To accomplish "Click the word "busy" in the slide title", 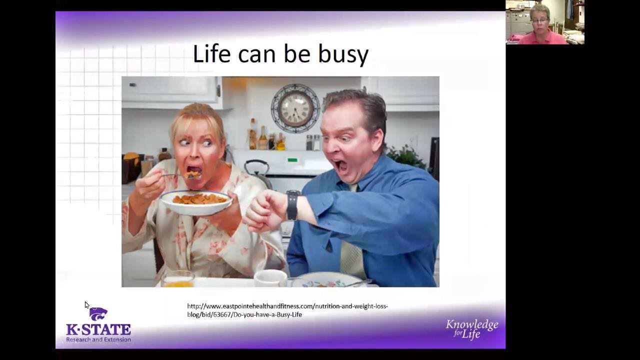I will point(343,54).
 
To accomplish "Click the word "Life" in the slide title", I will point(211,53).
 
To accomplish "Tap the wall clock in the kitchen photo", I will point(295,108).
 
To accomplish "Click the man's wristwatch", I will point(292,205).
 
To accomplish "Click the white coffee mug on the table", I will point(270,278).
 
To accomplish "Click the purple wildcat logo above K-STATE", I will point(98,313).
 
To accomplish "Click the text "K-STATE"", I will point(98,329).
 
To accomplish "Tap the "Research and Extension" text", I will point(98,339).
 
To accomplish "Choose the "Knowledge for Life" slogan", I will point(471,329).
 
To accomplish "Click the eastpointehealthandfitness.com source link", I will point(287,310).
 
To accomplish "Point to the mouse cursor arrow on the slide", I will point(86,304).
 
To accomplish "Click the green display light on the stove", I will point(292,160).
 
